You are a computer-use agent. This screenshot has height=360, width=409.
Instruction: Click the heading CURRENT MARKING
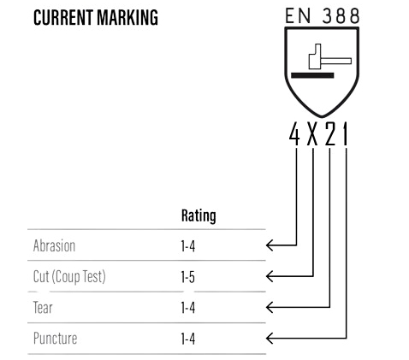[96, 18]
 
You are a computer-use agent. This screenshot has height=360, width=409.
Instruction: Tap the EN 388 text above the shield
[322, 15]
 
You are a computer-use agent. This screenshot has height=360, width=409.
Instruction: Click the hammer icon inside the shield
[330, 56]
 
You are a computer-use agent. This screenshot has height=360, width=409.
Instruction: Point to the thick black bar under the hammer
[312, 75]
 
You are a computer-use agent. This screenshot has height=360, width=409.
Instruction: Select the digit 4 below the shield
[294, 133]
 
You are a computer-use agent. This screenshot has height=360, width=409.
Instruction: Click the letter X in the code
[312, 133]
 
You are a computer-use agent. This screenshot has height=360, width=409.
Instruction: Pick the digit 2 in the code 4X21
[330, 133]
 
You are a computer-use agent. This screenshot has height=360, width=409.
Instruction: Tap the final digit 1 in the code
[345, 133]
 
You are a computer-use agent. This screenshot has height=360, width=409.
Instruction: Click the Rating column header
[199, 215]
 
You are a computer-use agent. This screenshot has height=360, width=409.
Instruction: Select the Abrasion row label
[54, 245]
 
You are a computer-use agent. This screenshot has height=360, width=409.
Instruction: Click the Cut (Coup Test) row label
[69, 277]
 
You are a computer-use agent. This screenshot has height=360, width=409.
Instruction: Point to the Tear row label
[43, 308]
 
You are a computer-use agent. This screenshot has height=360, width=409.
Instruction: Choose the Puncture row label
[55, 339]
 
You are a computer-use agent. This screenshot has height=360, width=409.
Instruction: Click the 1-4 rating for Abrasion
[188, 246]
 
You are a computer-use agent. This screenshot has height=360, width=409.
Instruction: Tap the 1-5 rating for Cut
[188, 277]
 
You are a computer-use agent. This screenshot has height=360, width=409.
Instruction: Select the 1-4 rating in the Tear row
[188, 308]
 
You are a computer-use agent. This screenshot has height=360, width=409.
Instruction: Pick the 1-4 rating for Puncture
[188, 339]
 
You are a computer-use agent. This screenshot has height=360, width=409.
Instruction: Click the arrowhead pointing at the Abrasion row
[270, 245]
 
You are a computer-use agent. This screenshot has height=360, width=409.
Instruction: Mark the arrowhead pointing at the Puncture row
[270, 339]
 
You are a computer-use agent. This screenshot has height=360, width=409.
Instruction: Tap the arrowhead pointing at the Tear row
[270, 307]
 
